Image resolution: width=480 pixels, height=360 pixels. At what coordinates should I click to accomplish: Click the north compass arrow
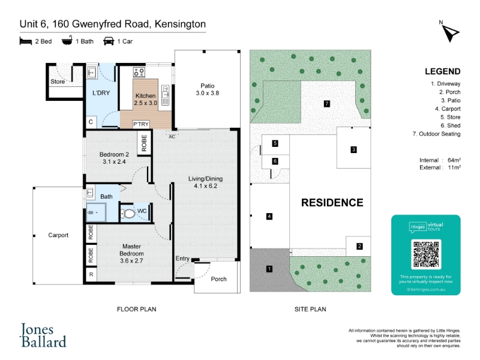click(x=451, y=33)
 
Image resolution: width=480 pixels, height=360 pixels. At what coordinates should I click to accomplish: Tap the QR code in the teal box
click(x=426, y=254)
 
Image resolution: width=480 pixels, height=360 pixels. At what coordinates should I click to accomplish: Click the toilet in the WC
click(x=128, y=213)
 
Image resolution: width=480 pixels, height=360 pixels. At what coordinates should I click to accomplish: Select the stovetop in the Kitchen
click(x=139, y=72)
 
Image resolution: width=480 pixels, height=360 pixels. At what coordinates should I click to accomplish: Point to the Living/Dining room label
click(x=205, y=182)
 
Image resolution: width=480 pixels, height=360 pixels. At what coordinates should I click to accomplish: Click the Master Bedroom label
click(x=131, y=253)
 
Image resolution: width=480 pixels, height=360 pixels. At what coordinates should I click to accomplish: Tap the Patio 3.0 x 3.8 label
click(x=208, y=89)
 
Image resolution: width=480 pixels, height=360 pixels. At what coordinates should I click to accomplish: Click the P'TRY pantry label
click(x=141, y=124)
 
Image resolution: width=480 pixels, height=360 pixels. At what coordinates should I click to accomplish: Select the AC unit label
click(x=172, y=137)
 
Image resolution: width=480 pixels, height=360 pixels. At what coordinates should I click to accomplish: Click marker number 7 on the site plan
click(x=327, y=104)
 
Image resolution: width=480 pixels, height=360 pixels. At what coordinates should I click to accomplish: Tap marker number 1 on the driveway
click(x=269, y=269)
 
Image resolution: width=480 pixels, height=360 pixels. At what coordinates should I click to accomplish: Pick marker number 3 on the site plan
click(x=353, y=149)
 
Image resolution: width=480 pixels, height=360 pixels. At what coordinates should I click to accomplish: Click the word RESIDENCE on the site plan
click(x=332, y=203)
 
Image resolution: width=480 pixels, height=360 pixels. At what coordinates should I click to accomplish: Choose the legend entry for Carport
click(x=448, y=109)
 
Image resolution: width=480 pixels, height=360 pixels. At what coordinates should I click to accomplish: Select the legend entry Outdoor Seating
click(x=437, y=134)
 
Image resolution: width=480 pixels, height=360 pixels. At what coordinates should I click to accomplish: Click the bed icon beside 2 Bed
click(x=26, y=41)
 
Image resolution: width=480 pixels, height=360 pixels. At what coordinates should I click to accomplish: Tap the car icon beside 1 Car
click(x=109, y=41)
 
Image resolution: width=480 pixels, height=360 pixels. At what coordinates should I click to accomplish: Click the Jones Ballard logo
click(x=43, y=335)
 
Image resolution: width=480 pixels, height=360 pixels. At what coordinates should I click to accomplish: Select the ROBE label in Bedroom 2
click(x=144, y=143)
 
